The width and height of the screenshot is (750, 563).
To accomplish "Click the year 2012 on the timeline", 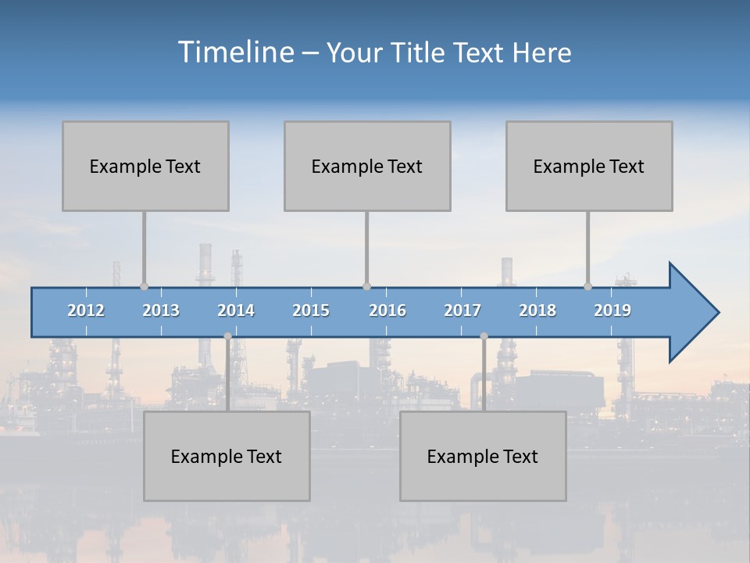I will [86, 310].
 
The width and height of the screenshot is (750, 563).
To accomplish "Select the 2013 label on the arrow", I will [161, 310].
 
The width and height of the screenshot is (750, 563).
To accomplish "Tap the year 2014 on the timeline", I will [236, 310].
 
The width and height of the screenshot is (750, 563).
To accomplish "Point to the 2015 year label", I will [311, 310].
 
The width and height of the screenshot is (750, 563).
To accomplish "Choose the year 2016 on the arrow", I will [387, 310].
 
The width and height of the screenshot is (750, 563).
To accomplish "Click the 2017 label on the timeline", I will [462, 310].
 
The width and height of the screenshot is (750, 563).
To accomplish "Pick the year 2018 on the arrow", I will [537, 310].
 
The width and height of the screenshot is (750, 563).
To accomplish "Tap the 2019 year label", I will [612, 310].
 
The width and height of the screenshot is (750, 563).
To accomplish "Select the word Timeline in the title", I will [235, 52].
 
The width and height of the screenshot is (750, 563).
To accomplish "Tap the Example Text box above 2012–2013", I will [145, 166].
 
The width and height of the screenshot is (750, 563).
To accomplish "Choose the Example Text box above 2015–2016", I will [367, 166].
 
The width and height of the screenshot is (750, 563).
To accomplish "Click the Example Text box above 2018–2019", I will [589, 166].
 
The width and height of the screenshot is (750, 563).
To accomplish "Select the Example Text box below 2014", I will [227, 456].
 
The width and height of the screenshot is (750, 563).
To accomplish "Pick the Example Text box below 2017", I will [483, 456].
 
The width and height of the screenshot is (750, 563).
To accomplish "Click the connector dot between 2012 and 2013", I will [144, 287].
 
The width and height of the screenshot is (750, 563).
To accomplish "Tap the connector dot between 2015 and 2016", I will [366, 287].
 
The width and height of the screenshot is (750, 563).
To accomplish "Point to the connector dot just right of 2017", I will [484, 335].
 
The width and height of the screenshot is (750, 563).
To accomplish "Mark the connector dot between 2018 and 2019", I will [587, 287].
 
